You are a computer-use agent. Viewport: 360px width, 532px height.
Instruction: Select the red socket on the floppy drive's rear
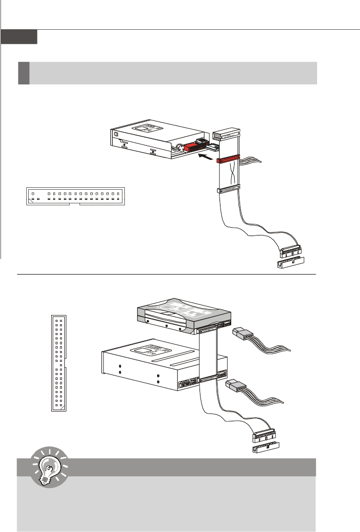[194, 146]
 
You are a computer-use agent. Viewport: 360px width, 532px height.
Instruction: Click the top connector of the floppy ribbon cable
[227, 133]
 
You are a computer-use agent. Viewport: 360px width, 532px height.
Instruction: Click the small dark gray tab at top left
[19, 37]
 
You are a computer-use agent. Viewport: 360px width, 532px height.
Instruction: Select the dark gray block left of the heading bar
[24, 73]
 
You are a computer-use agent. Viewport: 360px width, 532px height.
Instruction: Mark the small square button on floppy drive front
[115, 134]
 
